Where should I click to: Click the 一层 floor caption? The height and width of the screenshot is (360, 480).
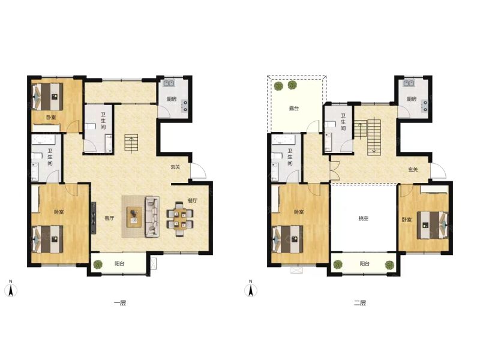[120, 303]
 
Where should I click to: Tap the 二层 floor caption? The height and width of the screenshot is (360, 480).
[360, 303]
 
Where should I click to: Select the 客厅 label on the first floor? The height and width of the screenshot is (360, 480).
[109, 218]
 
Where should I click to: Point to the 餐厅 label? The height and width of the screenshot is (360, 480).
[192, 200]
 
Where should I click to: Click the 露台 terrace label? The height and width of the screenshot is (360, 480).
[294, 109]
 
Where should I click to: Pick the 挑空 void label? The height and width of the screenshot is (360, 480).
[364, 218]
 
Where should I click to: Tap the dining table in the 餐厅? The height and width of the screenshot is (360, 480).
[180, 219]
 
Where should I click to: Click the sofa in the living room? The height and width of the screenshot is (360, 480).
[152, 217]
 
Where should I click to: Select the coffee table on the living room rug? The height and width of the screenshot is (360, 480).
[134, 217]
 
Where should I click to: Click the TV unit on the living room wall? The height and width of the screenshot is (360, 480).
[94, 218]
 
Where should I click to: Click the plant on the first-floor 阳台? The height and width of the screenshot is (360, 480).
[98, 264]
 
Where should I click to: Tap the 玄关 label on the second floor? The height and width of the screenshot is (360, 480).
[413, 169]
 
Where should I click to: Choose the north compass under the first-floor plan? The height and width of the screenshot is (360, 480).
[11, 289]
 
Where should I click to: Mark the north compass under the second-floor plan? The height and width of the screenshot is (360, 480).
[251, 289]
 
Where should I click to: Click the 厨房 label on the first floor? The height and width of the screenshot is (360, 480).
[172, 99]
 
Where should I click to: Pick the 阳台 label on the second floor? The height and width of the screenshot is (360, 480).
[364, 263]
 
